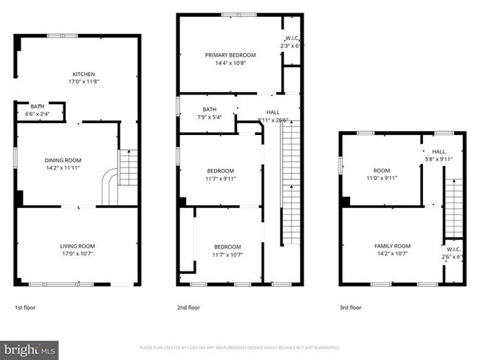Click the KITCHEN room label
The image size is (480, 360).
(x=83, y=74)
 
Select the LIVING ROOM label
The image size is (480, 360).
(x=78, y=246)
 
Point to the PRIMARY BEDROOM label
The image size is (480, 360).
(x=230, y=55)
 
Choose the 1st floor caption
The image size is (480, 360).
(x=24, y=307)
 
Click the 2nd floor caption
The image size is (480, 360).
(x=188, y=307)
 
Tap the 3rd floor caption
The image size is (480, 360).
(x=351, y=307)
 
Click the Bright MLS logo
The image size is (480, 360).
(x=30, y=348)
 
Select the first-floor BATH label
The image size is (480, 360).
(x=37, y=107)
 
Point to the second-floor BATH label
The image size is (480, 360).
(x=209, y=110)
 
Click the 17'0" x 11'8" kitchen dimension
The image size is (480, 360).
(x=83, y=82)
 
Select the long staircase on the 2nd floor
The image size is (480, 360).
(x=291, y=184)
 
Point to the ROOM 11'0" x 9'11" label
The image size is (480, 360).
(x=381, y=173)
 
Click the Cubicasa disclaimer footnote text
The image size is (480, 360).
(x=239, y=347)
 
